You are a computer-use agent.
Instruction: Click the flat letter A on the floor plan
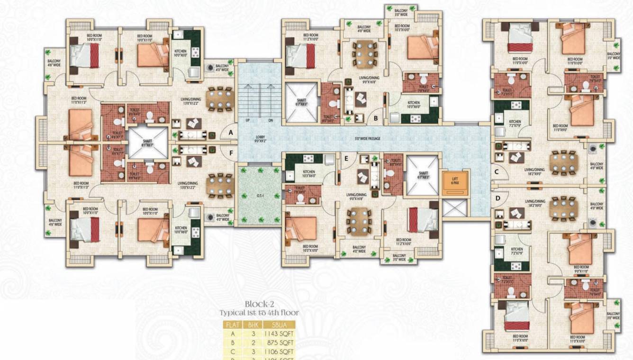click(x=231, y=133)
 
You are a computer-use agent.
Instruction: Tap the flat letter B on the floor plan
click(x=375, y=118)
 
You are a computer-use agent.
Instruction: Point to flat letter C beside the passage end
click(x=497, y=172)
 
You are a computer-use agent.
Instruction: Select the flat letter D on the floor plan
click(x=497, y=198)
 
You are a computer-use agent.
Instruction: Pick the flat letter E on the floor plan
click(x=346, y=159)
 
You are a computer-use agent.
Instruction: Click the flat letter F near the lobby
click(x=231, y=153)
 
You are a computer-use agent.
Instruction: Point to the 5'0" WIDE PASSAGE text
click(x=368, y=139)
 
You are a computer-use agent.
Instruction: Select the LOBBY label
click(x=260, y=139)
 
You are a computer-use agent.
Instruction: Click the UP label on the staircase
click(x=247, y=120)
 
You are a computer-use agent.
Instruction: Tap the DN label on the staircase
click(x=271, y=120)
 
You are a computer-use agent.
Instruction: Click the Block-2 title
click(x=260, y=304)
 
